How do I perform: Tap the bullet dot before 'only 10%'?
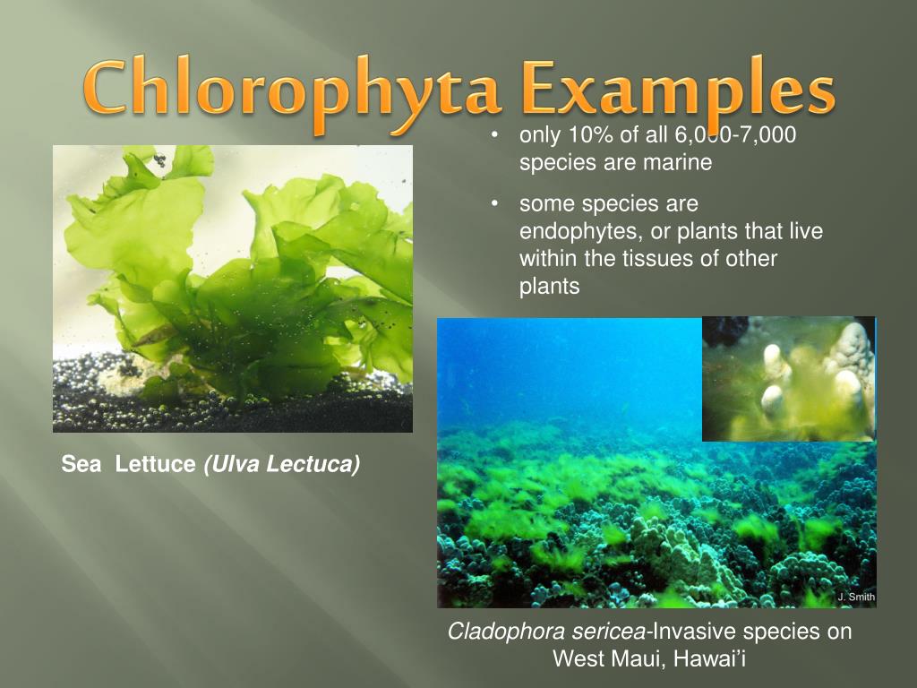pyautogui.click(x=494, y=136)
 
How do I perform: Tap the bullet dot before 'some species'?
pyautogui.click(x=494, y=205)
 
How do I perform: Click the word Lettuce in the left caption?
pyautogui.click(x=155, y=464)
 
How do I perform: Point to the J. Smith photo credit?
pyautogui.click(x=855, y=598)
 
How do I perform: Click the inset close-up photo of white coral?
pyautogui.click(x=788, y=379)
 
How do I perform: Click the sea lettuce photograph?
pyautogui.click(x=233, y=288)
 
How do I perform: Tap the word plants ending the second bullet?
pyautogui.click(x=550, y=288)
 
